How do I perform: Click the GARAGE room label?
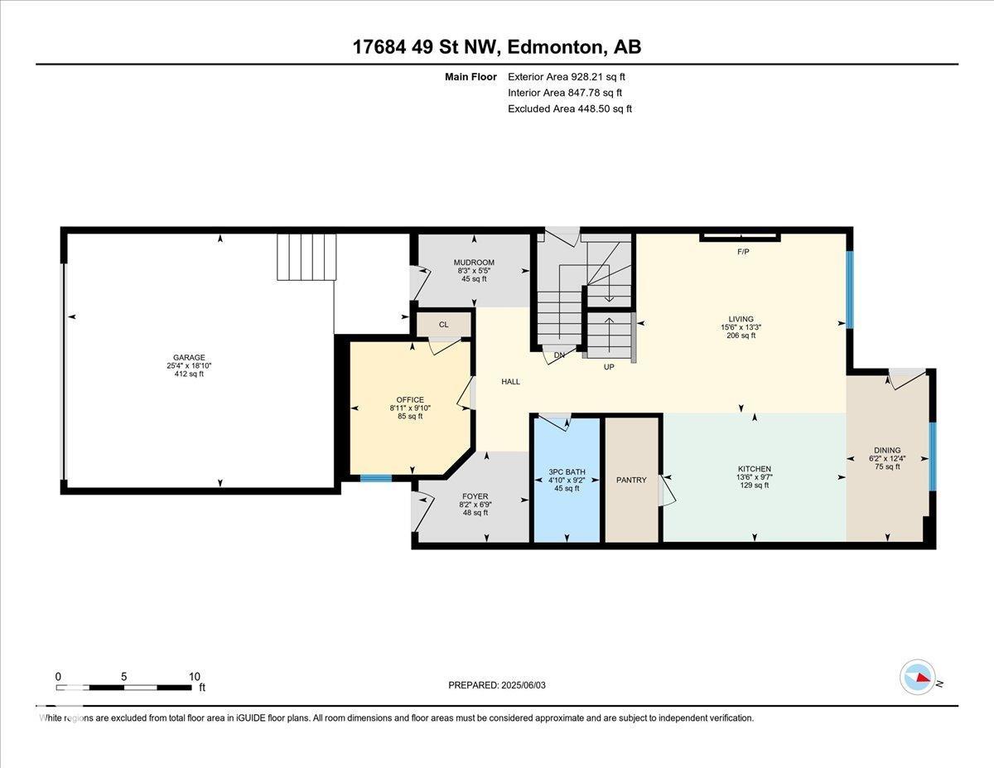click(x=189, y=357)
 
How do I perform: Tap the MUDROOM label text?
click(x=474, y=262)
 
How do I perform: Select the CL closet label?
click(x=443, y=324)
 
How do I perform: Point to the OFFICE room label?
click(x=410, y=400)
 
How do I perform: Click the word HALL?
click(x=510, y=381)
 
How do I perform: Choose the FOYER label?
click(x=475, y=496)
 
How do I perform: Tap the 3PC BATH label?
click(x=567, y=471)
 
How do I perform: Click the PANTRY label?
click(x=631, y=480)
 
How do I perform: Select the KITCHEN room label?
click(x=755, y=469)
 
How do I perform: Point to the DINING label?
click(x=887, y=450)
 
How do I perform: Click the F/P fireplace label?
click(x=743, y=252)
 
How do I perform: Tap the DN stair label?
click(x=559, y=355)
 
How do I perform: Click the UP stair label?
click(x=609, y=367)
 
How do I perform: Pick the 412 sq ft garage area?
click(x=189, y=374)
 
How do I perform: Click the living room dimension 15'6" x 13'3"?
click(x=741, y=327)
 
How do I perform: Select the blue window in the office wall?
click(x=376, y=479)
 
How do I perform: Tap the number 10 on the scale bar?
click(x=195, y=677)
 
